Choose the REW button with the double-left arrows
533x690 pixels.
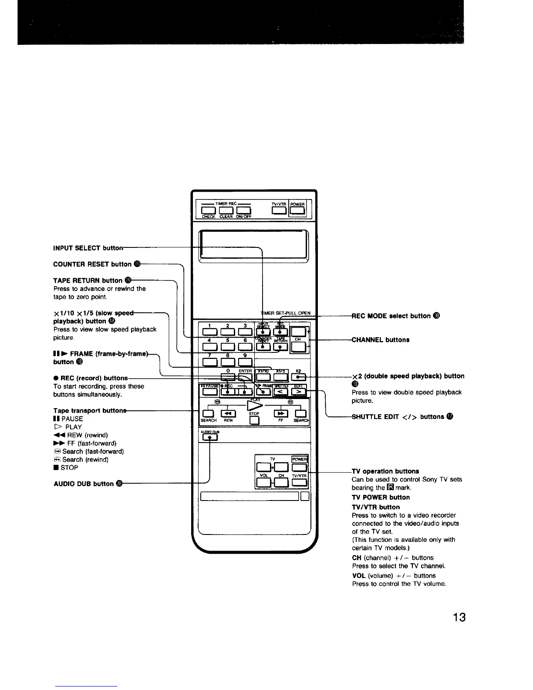tap(228, 413)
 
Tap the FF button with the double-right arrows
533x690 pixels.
tap(281, 413)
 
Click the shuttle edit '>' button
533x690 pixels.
tap(299, 392)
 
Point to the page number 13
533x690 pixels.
tap(459, 617)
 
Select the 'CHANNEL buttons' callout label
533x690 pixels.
tap(381, 340)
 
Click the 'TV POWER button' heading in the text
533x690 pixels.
tap(381, 497)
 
